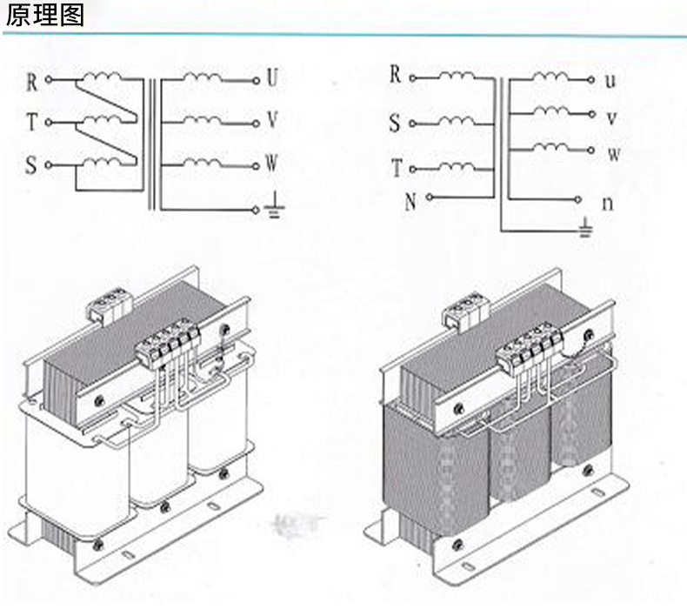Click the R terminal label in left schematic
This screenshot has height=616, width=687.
pos(31,82)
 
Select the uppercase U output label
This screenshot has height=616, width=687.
pos(272,79)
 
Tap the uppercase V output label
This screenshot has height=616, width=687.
pos(272,120)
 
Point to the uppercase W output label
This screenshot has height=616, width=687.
pos(271,163)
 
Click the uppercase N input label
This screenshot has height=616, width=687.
pos(410,203)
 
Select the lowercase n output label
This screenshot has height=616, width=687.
pos(609,204)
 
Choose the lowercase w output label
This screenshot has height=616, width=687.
pos(613,155)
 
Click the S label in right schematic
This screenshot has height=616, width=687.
pos(395,124)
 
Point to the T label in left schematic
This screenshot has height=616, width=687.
pos(32,123)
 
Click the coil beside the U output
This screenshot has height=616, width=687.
pos(201,77)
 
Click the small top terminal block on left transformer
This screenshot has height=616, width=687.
pos(109,305)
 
